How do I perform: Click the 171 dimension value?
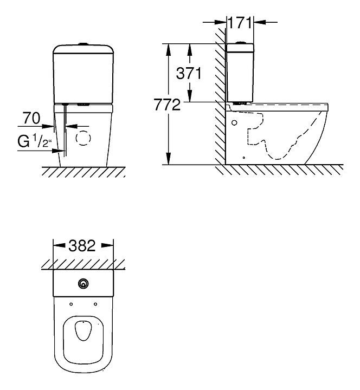click(240, 23)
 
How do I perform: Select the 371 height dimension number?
click(189, 73)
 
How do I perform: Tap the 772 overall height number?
click(167, 105)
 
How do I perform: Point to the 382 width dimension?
click(82, 245)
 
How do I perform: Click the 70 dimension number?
click(31, 118)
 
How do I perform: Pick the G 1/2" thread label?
click(34, 141)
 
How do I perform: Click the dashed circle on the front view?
click(83, 138)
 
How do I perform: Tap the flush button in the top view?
click(83, 284)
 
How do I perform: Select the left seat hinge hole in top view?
click(71, 304)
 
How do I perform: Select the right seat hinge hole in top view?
click(95, 304)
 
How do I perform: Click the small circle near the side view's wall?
click(234, 122)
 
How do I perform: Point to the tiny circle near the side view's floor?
click(244, 158)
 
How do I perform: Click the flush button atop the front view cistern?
click(83, 44)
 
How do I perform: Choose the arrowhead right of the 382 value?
click(107, 245)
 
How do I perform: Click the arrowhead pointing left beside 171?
click(260, 22)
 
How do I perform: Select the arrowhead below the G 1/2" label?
click(59, 151)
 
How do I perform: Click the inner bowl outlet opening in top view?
click(83, 330)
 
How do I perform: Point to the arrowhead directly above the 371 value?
click(190, 50)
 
